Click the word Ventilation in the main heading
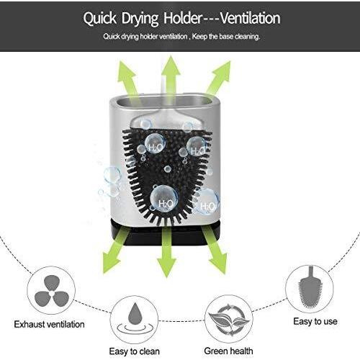coord(251,19)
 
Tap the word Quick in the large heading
coord(100,19)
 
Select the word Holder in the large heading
coord(183,18)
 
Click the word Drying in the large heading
coord(140,19)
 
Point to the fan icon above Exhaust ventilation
coord(51,291)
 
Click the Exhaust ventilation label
coord(49,325)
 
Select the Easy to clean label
coord(134,351)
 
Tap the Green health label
coord(228,351)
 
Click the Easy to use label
coord(315,321)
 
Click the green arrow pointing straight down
coord(167,252)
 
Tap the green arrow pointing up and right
coord(218,78)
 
